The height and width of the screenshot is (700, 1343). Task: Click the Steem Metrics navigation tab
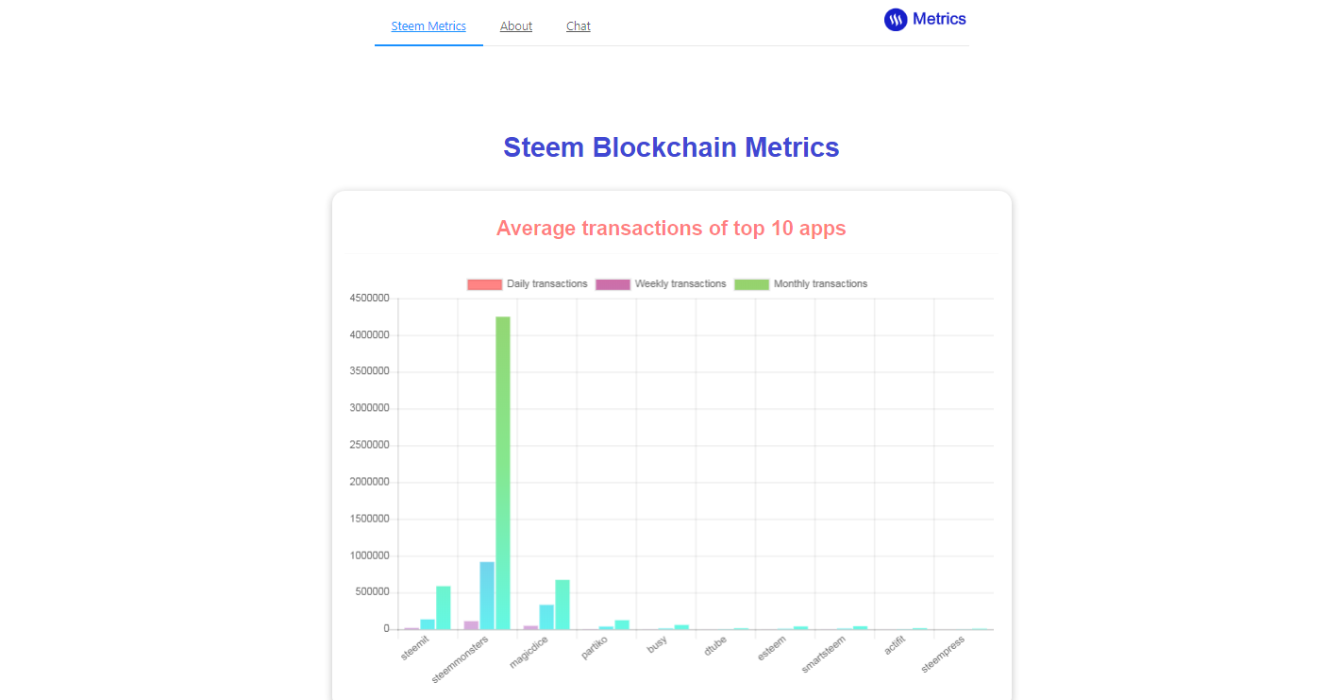click(x=428, y=26)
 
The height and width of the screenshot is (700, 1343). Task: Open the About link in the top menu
click(x=516, y=26)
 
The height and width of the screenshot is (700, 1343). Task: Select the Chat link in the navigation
click(x=579, y=26)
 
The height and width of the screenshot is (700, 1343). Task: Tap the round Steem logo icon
click(x=896, y=19)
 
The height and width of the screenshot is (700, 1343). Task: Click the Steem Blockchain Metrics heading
click(x=671, y=147)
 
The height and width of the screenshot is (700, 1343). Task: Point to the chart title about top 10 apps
click(x=671, y=229)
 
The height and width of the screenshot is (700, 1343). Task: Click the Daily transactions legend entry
click(x=528, y=284)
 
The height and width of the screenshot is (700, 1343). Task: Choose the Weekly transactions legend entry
click(x=661, y=284)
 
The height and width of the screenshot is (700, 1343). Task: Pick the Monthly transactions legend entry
click(x=800, y=284)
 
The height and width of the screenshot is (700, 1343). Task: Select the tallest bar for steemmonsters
click(x=503, y=472)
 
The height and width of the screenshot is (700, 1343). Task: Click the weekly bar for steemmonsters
click(x=487, y=595)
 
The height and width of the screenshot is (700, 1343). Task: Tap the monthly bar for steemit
click(x=444, y=607)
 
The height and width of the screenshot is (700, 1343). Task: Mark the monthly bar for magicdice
click(x=562, y=605)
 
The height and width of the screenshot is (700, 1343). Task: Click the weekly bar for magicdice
click(x=546, y=617)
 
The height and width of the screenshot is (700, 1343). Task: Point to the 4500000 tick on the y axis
click(x=369, y=299)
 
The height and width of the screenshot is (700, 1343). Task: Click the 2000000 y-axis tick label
click(x=369, y=482)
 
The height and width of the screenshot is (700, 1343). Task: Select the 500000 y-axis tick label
click(x=372, y=592)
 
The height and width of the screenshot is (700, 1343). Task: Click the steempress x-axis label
click(x=944, y=654)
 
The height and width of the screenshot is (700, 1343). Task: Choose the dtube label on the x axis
click(x=715, y=646)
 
